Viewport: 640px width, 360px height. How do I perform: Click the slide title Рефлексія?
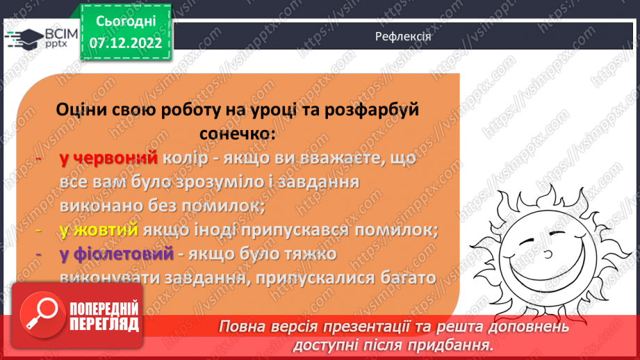(x=399, y=36)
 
